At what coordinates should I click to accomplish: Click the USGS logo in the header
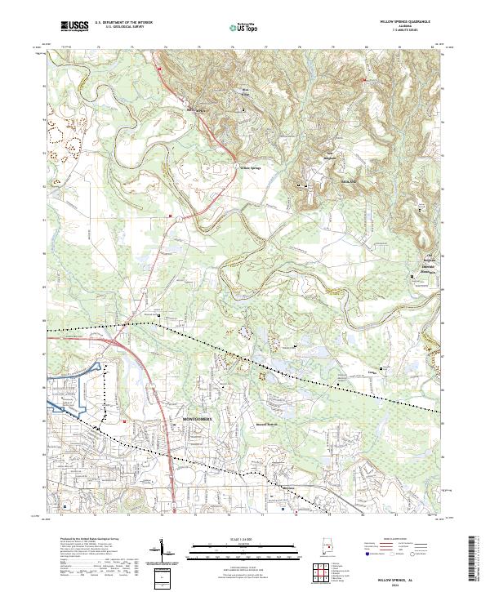[x=74, y=27]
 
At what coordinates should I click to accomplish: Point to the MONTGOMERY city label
[x=196, y=417]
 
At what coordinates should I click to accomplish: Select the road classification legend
[x=404, y=549]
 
